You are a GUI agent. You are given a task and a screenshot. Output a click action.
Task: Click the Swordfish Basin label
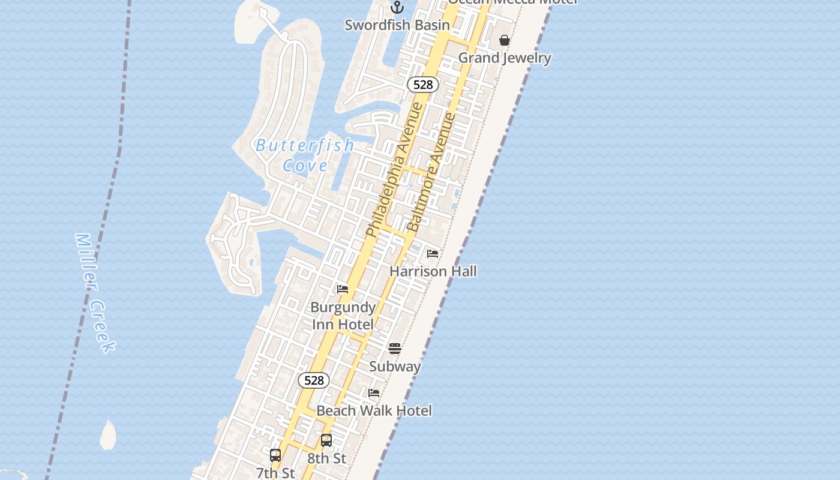tap(397, 25)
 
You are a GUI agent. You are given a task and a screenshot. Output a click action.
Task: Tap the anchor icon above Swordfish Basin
tap(397, 7)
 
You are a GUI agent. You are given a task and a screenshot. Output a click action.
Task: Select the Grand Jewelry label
tap(505, 58)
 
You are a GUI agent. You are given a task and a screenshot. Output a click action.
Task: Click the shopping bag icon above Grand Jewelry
tap(505, 40)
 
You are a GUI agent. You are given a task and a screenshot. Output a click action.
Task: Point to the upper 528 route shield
tap(423, 85)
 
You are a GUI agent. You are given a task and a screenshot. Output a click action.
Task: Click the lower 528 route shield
tap(314, 380)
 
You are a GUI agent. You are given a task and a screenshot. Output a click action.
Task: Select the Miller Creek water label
tap(95, 292)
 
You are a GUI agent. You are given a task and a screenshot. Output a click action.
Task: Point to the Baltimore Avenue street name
tap(432, 173)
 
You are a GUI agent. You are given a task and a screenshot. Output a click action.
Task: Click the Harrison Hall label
tap(433, 271)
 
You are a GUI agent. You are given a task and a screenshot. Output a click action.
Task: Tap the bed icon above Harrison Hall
tap(433, 254)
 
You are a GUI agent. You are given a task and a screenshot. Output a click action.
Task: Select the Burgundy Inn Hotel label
tap(343, 316)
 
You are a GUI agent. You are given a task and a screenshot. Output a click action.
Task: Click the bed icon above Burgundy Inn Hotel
tap(343, 289)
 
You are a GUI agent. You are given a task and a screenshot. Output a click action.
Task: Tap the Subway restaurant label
tap(395, 367)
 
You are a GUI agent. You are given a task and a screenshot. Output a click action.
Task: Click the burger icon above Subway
tap(395, 349)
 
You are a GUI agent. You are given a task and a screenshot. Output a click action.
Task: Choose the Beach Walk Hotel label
tap(374, 411)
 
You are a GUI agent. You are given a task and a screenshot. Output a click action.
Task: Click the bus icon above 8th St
tap(326, 440)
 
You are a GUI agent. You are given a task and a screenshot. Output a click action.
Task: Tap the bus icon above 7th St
tap(275, 455)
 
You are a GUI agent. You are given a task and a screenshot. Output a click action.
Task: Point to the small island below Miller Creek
tap(108, 436)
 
